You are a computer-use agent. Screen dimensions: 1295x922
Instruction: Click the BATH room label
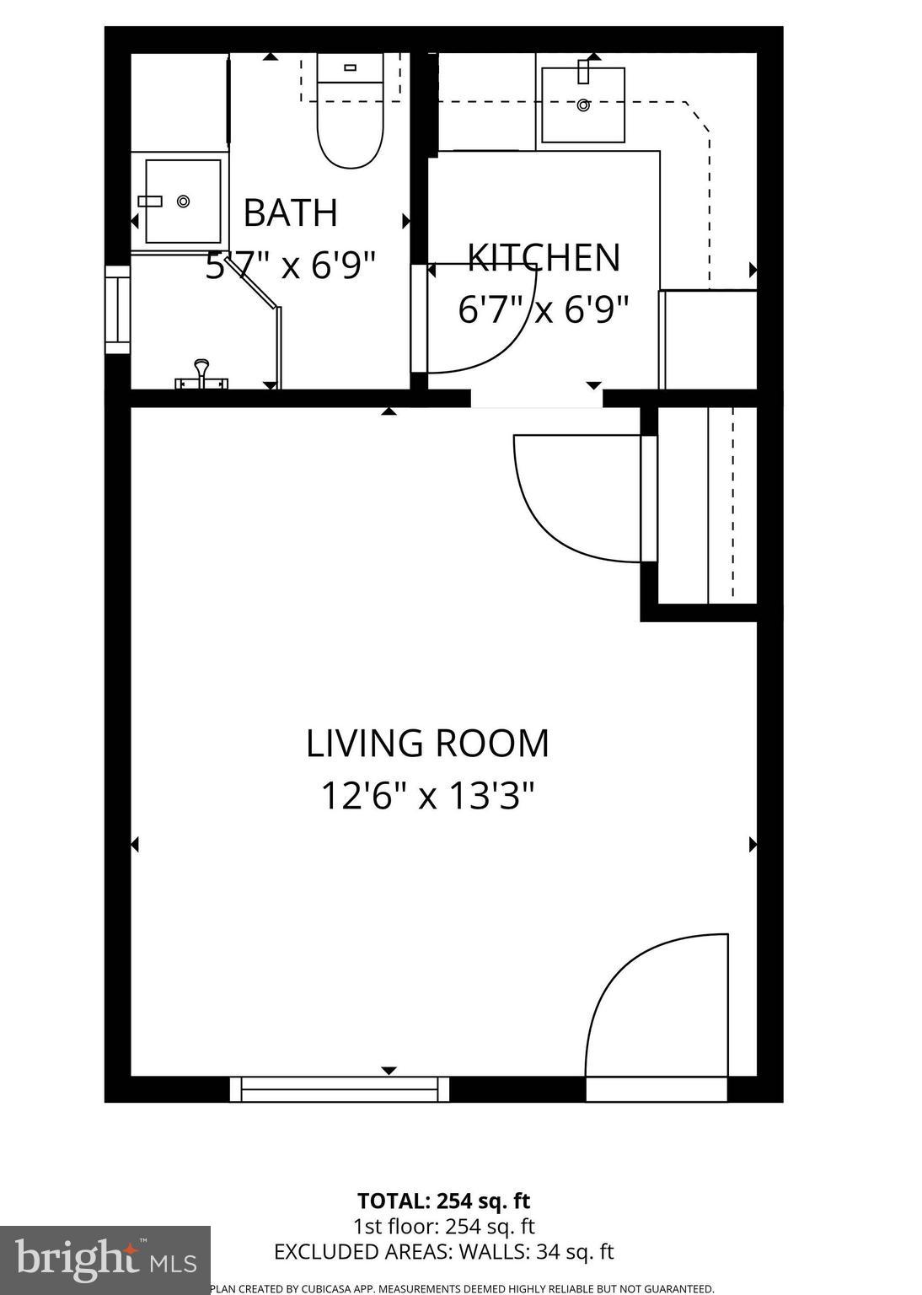point(290,212)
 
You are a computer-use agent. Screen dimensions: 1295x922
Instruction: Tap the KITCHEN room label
point(544,258)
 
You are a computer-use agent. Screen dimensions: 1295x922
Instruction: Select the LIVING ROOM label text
point(427,744)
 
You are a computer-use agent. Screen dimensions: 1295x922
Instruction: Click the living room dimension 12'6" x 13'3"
point(427,795)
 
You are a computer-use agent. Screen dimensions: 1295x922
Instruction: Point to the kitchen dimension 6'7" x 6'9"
point(544,309)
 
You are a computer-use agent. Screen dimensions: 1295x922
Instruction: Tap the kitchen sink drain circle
point(583,105)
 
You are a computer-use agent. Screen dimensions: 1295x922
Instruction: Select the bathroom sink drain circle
point(183,202)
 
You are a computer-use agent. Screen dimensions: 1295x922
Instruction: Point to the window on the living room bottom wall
point(340,1088)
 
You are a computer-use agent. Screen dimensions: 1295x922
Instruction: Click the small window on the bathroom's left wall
point(117,309)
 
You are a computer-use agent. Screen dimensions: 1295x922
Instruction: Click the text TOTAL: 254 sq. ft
point(443,1201)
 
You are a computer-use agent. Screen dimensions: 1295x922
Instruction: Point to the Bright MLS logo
point(105,1260)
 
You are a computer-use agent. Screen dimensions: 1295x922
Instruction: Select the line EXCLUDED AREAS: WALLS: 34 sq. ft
point(443,1252)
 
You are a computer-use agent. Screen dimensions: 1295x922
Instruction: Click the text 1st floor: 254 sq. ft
point(443,1227)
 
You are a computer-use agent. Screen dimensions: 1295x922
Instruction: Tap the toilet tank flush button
point(350,67)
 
